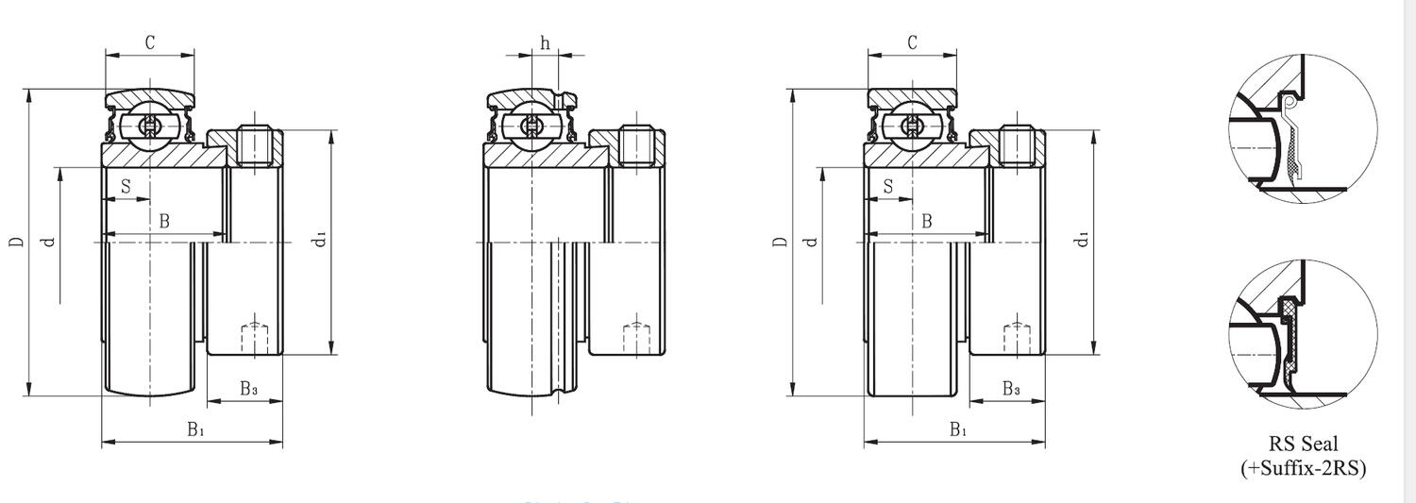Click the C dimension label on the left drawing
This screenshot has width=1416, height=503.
click(x=149, y=42)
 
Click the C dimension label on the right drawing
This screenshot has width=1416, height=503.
click(x=912, y=42)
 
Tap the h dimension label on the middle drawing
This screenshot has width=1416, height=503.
click(x=545, y=42)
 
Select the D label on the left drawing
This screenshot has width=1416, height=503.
click(x=17, y=243)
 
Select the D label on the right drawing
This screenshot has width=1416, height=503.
click(x=780, y=243)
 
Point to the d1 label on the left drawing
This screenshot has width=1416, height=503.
click(x=322, y=240)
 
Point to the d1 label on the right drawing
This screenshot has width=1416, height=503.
click(x=1084, y=240)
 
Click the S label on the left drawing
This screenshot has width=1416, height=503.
click(x=126, y=186)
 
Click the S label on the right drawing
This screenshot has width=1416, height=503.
click(x=888, y=186)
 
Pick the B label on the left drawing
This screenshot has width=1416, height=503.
click(x=163, y=221)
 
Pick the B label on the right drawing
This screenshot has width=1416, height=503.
click(x=926, y=221)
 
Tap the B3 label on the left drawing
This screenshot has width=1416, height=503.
click(x=247, y=389)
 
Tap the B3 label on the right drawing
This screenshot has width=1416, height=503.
click(x=1010, y=389)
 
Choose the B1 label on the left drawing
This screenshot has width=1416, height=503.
click(x=195, y=430)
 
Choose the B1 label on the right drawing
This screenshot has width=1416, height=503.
click(x=958, y=430)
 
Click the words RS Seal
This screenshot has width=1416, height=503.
click(x=1303, y=444)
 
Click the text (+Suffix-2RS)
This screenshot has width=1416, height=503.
click(x=1303, y=467)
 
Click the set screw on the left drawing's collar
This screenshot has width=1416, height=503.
click(x=254, y=145)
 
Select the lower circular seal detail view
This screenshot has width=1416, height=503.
click(x=1303, y=335)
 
